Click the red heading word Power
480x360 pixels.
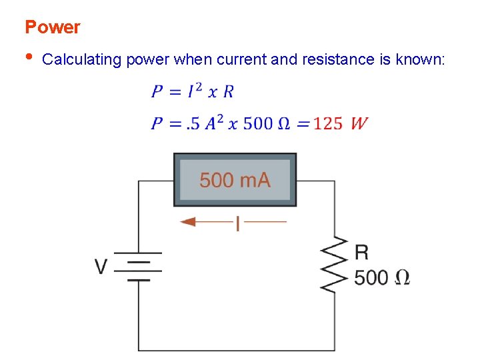(x=52, y=27)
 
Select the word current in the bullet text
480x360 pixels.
(x=241, y=59)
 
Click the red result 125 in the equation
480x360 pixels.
(x=328, y=123)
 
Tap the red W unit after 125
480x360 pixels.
(x=359, y=123)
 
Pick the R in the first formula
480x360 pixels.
(x=229, y=91)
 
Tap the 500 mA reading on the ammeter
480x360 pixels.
(x=235, y=179)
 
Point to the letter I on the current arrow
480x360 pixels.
(x=237, y=223)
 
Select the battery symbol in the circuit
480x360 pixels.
(x=139, y=266)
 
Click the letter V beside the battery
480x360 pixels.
(x=101, y=267)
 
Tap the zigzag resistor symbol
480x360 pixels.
(x=335, y=264)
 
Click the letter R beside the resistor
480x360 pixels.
(x=362, y=252)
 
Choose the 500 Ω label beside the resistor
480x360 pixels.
(x=382, y=277)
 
